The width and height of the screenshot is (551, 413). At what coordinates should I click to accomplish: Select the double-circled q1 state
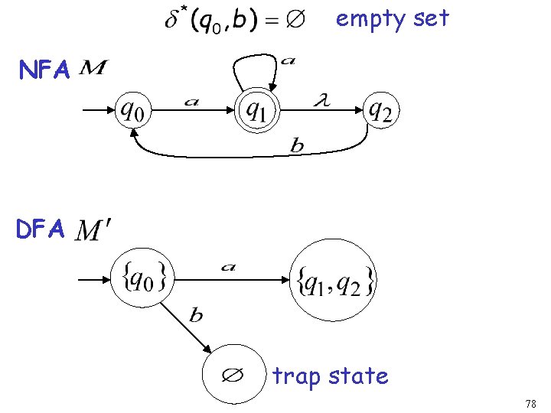(258, 112)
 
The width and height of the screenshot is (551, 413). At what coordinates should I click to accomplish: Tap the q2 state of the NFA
(380, 112)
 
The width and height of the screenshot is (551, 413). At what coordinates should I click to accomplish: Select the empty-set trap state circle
(231, 376)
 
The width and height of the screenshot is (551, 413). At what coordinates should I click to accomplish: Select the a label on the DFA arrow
(227, 267)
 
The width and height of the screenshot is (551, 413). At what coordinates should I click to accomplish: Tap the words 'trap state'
(330, 376)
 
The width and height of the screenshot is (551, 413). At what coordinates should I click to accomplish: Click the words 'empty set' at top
(392, 18)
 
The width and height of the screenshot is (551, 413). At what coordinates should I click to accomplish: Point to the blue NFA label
(44, 71)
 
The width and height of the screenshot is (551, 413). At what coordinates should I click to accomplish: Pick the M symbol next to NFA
(93, 70)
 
